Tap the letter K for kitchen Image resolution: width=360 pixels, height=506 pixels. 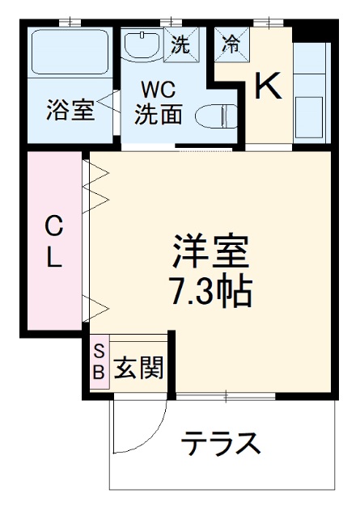tap(269, 86)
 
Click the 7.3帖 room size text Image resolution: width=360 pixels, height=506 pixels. tap(211, 290)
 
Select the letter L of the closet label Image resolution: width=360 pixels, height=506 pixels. tap(53, 259)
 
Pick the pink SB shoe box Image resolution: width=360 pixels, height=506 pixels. tap(99, 361)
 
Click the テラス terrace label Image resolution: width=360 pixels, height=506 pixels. tap(220, 444)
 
